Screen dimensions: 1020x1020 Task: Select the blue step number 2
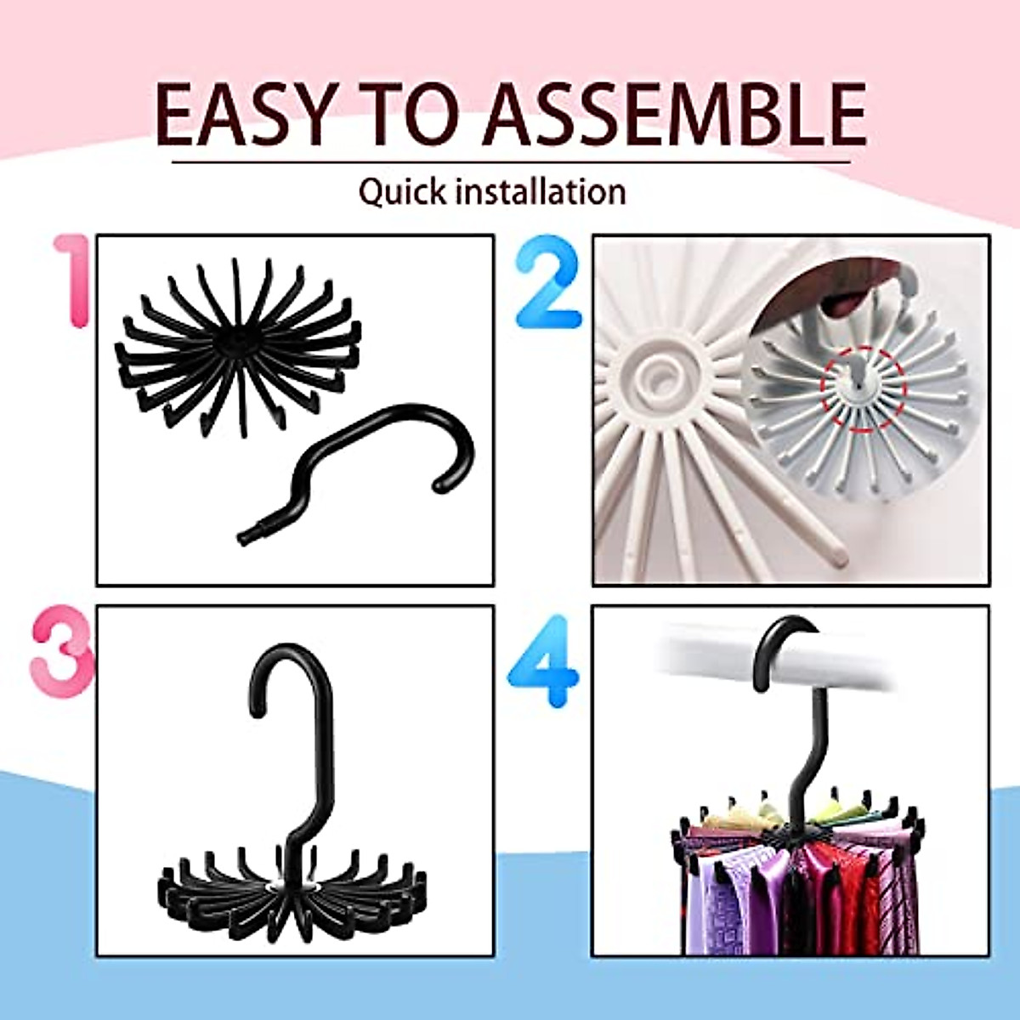point(548,280)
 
